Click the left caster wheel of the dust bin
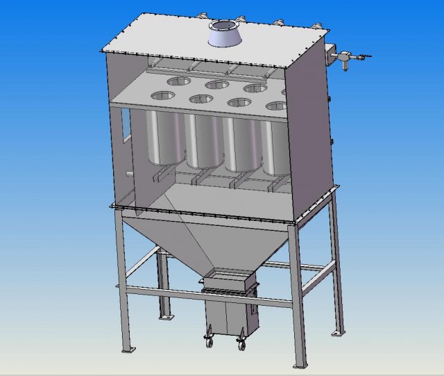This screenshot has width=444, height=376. (207, 341)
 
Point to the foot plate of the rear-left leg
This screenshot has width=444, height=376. (165, 318)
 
